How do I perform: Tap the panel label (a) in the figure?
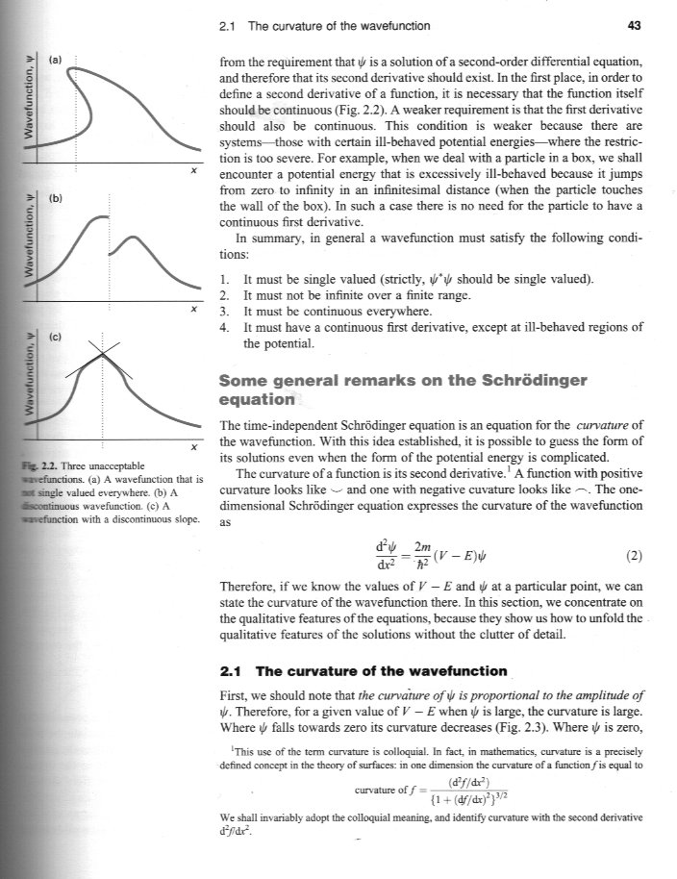click(x=55, y=60)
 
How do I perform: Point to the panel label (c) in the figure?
click(x=55, y=338)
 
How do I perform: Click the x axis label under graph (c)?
click(x=194, y=448)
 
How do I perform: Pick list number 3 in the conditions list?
click(x=224, y=311)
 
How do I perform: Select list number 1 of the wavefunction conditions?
click(x=224, y=280)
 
